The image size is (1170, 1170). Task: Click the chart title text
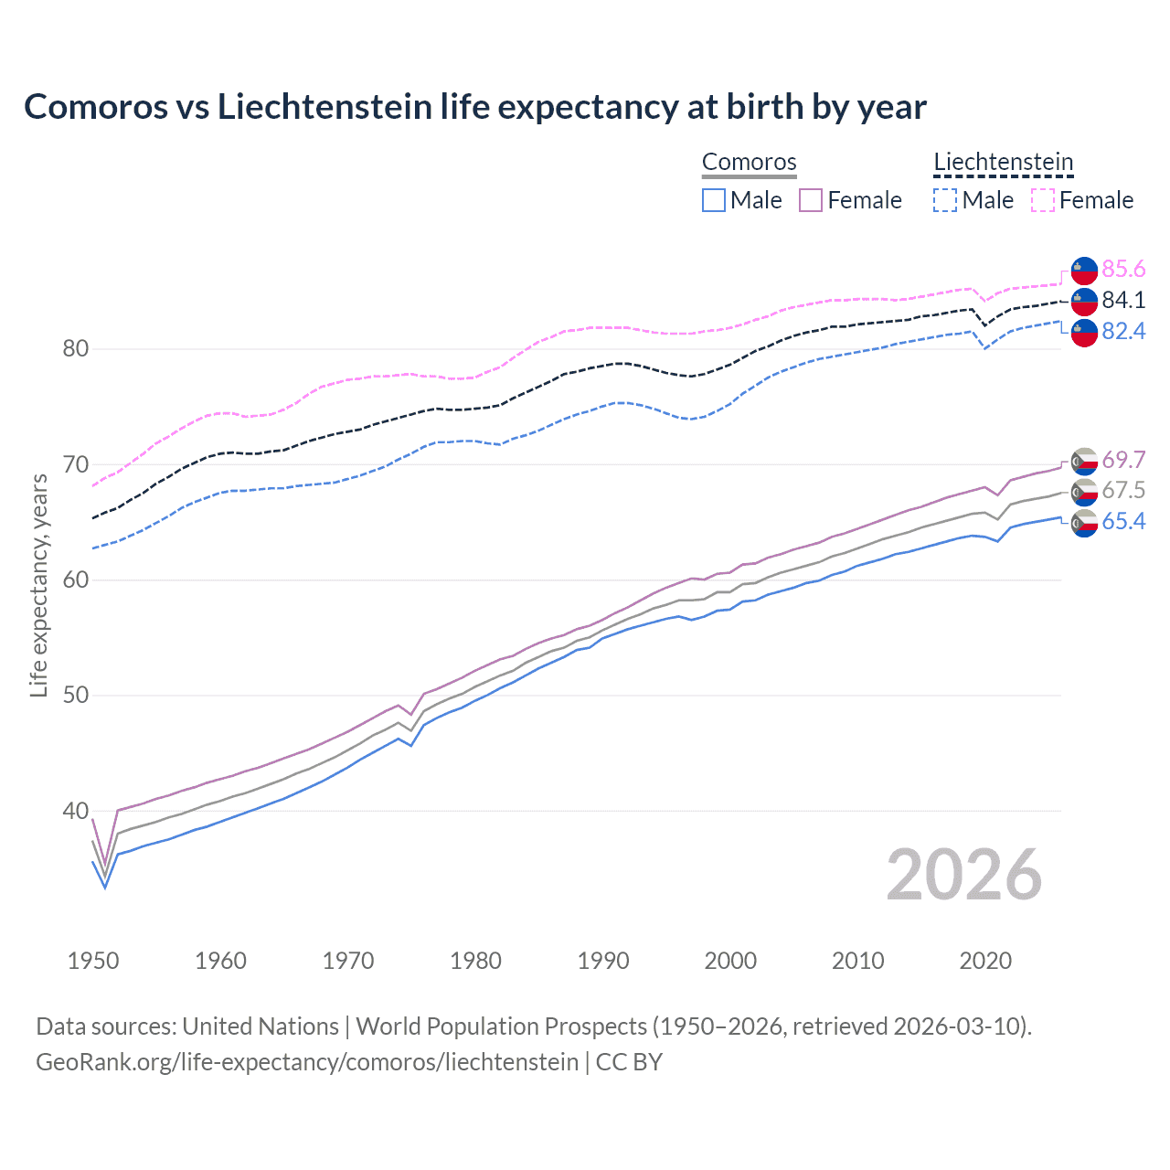(x=474, y=107)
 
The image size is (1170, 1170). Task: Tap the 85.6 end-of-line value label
(x=1123, y=269)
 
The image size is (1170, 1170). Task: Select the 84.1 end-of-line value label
(x=1123, y=300)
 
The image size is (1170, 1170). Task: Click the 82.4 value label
(x=1123, y=331)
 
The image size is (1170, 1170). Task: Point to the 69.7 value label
(x=1123, y=460)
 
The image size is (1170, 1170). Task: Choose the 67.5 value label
(x=1123, y=491)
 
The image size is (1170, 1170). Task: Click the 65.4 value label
(x=1123, y=522)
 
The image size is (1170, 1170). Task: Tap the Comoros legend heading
(x=749, y=162)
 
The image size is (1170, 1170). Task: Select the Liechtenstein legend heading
(x=1003, y=162)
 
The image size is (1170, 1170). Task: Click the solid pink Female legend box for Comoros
(x=811, y=200)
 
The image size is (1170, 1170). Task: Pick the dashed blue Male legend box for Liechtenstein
(x=945, y=200)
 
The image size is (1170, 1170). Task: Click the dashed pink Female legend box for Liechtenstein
(x=1043, y=200)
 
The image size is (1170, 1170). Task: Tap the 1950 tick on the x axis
(x=93, y=961)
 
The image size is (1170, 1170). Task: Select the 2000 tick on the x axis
(x=730, y=961)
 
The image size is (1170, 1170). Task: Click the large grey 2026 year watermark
(x=963, y=875)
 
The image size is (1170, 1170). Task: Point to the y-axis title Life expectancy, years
(x=38, y=586)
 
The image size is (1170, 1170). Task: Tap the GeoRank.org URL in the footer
(x=307, y=1062)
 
